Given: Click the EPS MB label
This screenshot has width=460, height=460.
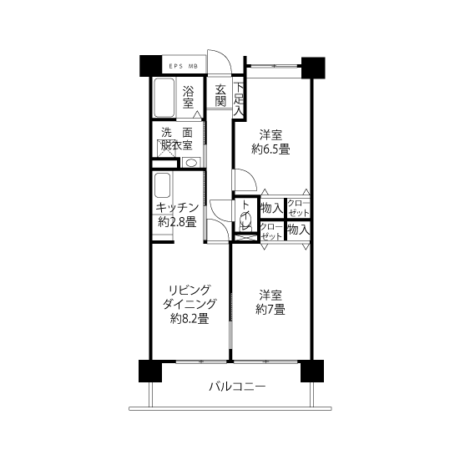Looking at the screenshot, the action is coord(184,66).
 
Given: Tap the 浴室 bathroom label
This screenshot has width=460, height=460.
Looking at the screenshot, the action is coord(188,97).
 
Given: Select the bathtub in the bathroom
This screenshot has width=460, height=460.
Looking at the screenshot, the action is coord(164,98).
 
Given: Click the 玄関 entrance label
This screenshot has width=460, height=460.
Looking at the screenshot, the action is coord(220,96).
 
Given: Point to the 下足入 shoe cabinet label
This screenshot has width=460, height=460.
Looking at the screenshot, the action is coord(239,99).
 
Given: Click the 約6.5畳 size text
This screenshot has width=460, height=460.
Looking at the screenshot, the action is coord(270,149).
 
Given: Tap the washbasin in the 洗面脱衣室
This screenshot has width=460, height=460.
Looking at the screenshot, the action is coord(191,163).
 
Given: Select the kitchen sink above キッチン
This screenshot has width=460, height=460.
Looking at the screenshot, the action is coord(162,185).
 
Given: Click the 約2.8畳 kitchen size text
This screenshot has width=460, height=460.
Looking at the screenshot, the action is coord(177,222).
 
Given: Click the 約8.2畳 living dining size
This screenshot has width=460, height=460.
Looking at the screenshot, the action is coord(190,319).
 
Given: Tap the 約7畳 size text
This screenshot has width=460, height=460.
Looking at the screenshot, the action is coord(270,310).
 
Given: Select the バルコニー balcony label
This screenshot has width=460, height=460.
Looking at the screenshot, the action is coord(237,387).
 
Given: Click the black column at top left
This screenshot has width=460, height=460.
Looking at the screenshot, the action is coord(151,66).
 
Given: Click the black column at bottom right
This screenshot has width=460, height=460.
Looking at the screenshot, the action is coord(312,372).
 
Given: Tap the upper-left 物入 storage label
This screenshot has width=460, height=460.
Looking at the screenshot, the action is coord(272,208).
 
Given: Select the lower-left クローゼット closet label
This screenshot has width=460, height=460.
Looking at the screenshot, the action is coord(271,231).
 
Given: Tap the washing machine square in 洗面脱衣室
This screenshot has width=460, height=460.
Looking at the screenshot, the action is coord(166,149).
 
